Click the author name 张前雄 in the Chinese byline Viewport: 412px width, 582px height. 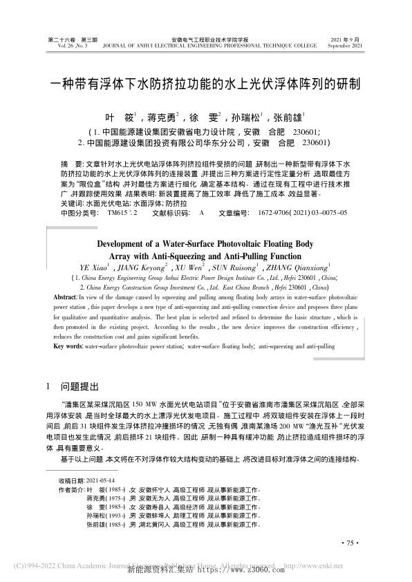pos(291,118)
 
